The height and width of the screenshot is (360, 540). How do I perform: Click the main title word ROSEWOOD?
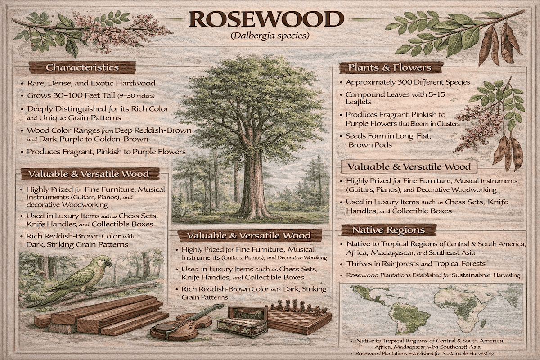pyautogui.click(x=266, y=19)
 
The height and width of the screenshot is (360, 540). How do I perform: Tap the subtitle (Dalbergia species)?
pyautogui.click(x=267, y=35)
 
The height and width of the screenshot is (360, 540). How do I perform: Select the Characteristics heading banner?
pyautogui.click(x=82, y=67)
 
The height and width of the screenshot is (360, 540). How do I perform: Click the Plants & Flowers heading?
pyautogui.click(x=389, y=67)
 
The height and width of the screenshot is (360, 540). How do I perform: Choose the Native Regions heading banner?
pyautogui.click(x=388, y=230)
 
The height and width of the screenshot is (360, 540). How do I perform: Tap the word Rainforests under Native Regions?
pyautogui.click(x=392, y=264)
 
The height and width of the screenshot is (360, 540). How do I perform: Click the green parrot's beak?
pyautogui.click(x=109, y=263)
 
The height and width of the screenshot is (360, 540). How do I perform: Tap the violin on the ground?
pyautogui.click(x=184, y=322)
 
